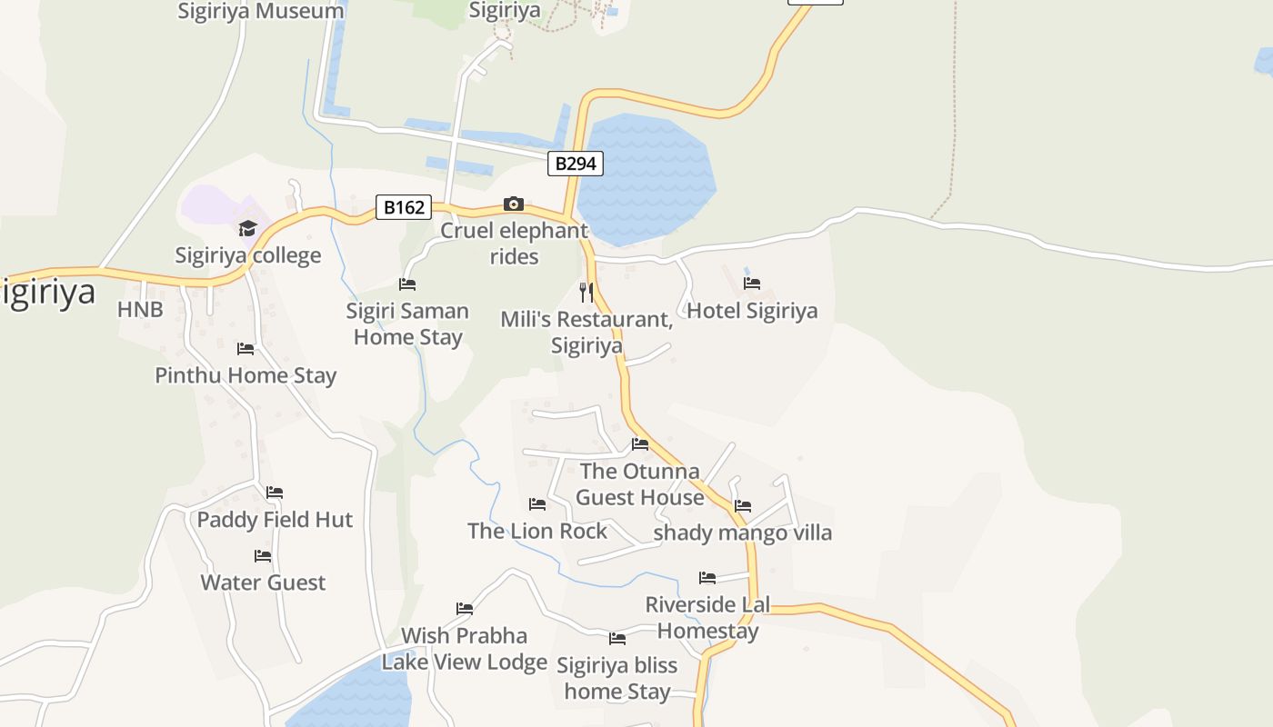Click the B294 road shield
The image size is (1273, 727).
576,164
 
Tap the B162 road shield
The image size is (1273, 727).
404,207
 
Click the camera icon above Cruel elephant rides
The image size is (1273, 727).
514,204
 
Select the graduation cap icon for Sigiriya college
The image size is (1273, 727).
247,228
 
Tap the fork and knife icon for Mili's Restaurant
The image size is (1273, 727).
586,292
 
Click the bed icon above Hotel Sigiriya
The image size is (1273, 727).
752,284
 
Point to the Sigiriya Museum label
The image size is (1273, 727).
261,11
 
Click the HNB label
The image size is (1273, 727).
140,310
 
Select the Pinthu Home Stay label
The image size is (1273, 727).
246,375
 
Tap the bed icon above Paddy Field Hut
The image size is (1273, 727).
275,493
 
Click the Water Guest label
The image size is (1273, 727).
263,583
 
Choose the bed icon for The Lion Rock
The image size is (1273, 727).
537,504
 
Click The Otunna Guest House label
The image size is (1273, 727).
640,484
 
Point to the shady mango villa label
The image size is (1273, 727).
742,533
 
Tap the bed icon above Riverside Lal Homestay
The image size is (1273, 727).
707,578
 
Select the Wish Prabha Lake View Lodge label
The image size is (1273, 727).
465,649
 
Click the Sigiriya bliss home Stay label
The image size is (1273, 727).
617,678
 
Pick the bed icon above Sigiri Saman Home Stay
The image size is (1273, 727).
407,284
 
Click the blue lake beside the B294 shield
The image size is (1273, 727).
646,177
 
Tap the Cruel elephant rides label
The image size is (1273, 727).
515,244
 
